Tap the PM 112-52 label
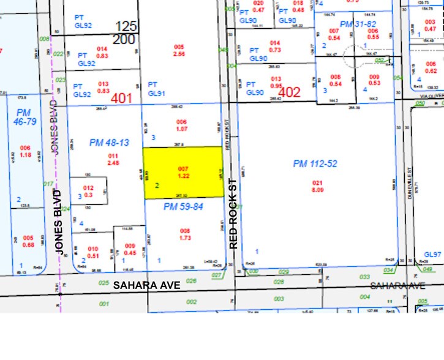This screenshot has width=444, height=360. (315, 163)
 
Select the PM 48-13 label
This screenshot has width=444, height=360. (109, 143)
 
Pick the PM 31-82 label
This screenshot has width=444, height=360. (357, 23)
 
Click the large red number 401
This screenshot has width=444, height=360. (121, 97)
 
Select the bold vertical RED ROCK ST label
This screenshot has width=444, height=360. (233, 213)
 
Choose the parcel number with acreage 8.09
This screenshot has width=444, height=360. (317, 186)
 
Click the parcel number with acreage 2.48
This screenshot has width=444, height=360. (112, 160)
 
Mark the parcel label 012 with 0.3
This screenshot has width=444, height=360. (88, 191)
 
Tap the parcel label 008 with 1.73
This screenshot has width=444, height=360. (185, 233)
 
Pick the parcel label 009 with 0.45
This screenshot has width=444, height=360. (130, 249)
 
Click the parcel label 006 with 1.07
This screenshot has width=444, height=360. (181, 126)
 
